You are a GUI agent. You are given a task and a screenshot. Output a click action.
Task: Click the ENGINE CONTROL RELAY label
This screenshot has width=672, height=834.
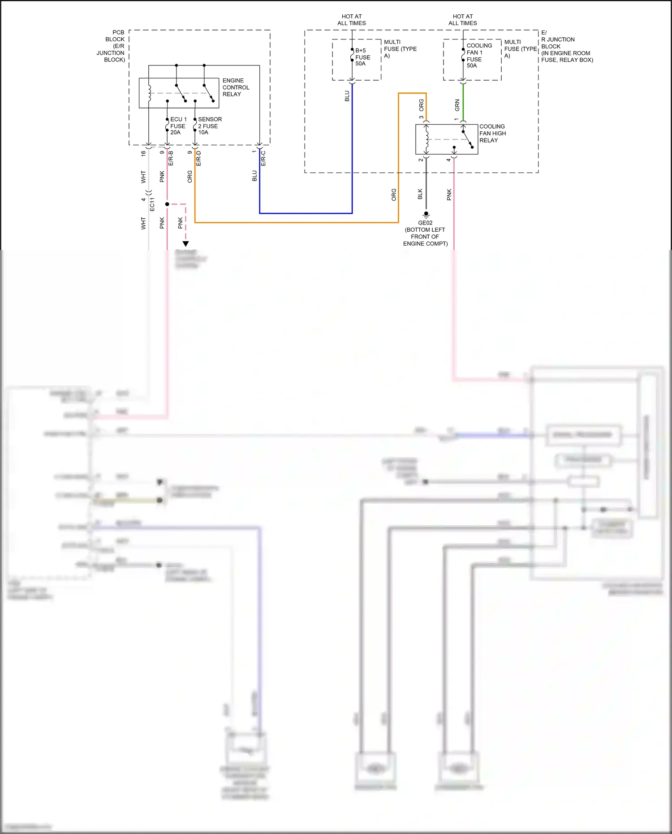coord(236,87)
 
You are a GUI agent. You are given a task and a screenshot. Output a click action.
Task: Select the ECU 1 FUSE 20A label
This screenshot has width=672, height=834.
coord(178,126)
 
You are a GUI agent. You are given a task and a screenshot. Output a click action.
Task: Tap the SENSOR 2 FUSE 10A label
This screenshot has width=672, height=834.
coord(210,126)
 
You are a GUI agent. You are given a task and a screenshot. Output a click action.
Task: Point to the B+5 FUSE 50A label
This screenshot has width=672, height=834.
coord(362,57)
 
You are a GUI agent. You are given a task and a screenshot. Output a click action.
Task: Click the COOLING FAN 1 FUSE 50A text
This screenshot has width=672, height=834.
coord(479,56)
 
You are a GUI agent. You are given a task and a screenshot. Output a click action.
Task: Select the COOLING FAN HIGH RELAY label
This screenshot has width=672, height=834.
coord(492,133)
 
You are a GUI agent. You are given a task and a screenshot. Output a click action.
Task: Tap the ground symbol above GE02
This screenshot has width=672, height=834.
coord(426,215)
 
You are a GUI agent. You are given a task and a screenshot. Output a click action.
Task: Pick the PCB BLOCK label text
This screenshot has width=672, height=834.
coord(112,46)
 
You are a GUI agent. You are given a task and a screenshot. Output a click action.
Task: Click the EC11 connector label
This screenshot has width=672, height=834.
coord(152,204)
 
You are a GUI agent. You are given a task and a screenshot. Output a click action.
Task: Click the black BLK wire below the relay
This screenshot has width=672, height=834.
coord(426,184)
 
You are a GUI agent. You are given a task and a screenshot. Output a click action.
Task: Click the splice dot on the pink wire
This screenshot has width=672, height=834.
coord(167,204)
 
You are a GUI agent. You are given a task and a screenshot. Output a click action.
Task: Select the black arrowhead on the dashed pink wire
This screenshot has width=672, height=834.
coord(185,244)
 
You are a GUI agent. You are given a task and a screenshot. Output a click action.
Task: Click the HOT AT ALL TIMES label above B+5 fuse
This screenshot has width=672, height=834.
coord(352,20)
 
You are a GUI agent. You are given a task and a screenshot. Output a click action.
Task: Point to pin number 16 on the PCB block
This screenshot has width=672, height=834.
coord(143,153)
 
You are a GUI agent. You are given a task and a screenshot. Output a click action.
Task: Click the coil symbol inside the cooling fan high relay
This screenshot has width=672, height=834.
coord(426,139)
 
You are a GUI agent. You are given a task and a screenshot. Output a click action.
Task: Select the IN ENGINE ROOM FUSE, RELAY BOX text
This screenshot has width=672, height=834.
coord(567,56)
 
